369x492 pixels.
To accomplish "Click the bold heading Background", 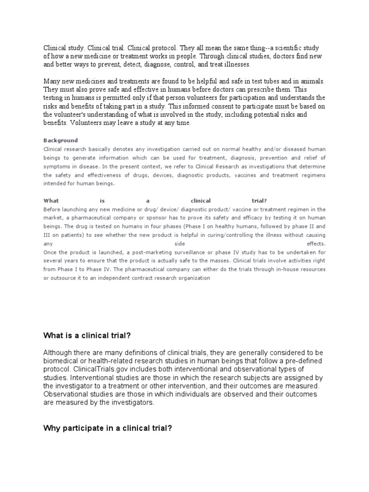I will coord(61,140).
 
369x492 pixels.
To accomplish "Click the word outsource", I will coord(60,278).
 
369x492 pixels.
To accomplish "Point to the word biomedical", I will coord(62,360).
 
